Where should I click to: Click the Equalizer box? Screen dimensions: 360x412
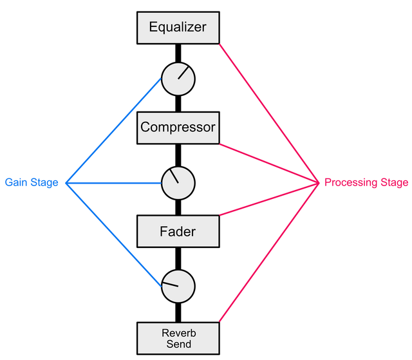(x=178, y=28)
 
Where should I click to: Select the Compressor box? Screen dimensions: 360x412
(x=178, y=128)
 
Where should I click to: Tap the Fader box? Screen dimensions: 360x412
(x=178, y=231)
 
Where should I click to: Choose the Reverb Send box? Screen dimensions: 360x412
(x=178, y=338)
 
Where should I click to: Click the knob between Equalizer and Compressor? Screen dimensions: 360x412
(x=178, y=79)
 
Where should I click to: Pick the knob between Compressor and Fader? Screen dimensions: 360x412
(x=178, y=183)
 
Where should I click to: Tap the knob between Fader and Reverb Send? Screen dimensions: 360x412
(x=178, y=286)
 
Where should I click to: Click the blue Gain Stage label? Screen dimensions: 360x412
(x=32, y=183)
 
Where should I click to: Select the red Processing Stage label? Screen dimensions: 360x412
(x=366, y=183)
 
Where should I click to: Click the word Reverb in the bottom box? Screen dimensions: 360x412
(x=178, y=333)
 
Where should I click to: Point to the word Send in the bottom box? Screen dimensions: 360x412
(x=178, y=345)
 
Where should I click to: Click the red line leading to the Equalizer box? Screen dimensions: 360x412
(x=269, y=113)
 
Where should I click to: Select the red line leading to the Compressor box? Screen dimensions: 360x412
(x=269, y=164)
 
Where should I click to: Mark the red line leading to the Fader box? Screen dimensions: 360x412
(x=269, y=199)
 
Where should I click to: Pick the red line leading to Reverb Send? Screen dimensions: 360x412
(x=269, y=252)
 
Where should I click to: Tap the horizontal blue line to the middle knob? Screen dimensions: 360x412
(x=114, y=183)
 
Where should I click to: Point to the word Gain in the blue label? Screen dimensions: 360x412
(x=15, y=183)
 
